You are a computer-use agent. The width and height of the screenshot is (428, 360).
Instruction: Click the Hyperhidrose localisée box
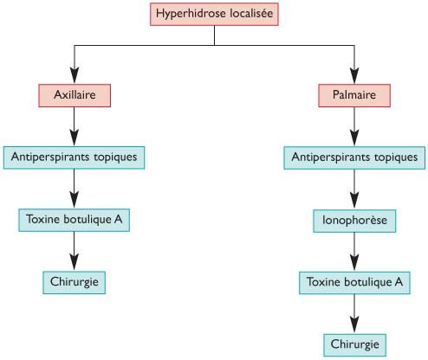click(x=214, y=14)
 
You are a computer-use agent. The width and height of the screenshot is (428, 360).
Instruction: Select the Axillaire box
click(x=75, y=95)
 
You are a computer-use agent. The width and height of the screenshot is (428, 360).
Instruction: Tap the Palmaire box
click(x=354, y=95)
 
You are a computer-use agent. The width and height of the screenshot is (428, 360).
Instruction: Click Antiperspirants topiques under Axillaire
click(x=74, y=157)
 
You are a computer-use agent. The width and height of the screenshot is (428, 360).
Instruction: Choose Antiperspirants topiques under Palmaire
click(x=354, y=157)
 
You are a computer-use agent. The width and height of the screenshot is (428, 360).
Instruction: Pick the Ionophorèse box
click(x=354, y=221)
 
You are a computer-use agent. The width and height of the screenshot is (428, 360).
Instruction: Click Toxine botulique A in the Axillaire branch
click(x=74, y=220)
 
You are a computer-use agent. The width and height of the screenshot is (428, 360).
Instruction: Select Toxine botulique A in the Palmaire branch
click(x=354, y=283)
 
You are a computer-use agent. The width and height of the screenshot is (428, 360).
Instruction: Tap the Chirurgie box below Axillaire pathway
click(x=74, y=282)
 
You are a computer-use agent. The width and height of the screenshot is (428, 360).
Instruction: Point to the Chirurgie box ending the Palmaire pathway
click(x=354, y=345)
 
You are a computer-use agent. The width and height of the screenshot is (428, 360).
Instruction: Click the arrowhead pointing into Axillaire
click(x=75, y=75)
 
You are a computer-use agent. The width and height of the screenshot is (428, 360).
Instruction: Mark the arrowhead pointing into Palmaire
click(x=354, y=75)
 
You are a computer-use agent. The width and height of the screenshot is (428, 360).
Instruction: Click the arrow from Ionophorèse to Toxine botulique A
click(x=354, y=252)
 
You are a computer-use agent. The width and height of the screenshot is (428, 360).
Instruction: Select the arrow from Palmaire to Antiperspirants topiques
click(x=354, y=126)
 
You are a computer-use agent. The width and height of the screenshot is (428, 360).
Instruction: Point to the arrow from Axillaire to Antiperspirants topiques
click(x=75, y=126)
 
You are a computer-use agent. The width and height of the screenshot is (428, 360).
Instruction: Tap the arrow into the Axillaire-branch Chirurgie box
click(x=75, y=251)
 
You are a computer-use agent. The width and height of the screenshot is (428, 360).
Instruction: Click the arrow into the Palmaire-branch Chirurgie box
click(x=354, y=314)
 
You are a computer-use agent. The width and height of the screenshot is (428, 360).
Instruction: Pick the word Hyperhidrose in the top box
click(x=191, y=14)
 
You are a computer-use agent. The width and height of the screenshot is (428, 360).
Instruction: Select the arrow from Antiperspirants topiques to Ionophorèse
click(x=354, y=190)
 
